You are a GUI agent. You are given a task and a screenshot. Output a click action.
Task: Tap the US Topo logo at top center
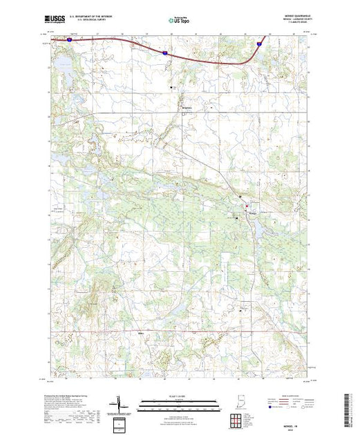click(x=180, y=20)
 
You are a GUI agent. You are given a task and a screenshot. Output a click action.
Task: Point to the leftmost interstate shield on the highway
click(x=70, y=40)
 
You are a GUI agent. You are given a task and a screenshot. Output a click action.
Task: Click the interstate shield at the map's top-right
click(x=260, y=43)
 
